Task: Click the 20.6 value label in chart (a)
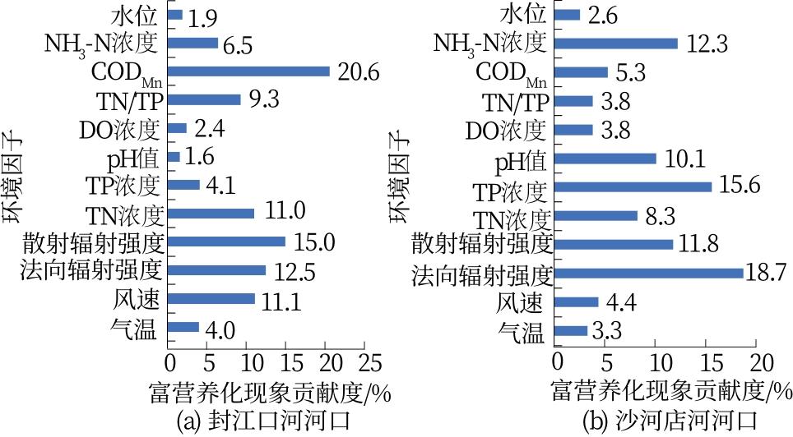click(357, 72)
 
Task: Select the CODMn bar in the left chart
click(248, 71)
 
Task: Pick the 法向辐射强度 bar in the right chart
click(650, 273)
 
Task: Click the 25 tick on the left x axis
click(370, 363)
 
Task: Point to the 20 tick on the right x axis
click(761, 363)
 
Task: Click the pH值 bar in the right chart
click(606, 159)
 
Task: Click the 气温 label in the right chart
click(525, 332)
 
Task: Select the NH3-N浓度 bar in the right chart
click(617, 44)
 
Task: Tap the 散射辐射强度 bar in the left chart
click(227, 241)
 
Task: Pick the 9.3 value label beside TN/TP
click(265, 100)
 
